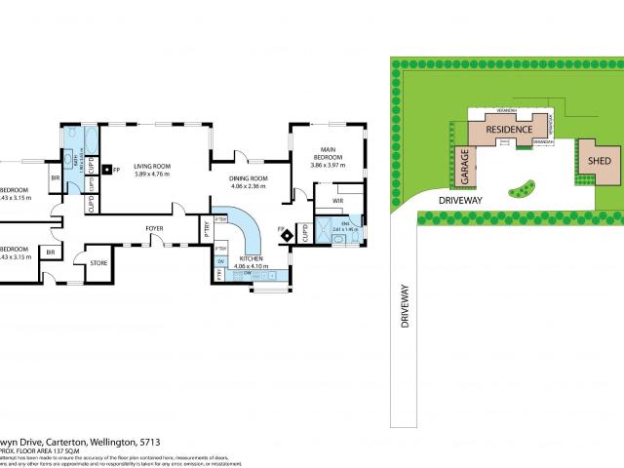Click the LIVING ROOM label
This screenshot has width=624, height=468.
pyautogui.click(x=152, y=167)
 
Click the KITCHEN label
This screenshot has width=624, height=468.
pyautogui.click(x=252, y=258)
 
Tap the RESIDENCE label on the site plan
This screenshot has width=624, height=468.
pyautogui.click(x=508, y=130)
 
